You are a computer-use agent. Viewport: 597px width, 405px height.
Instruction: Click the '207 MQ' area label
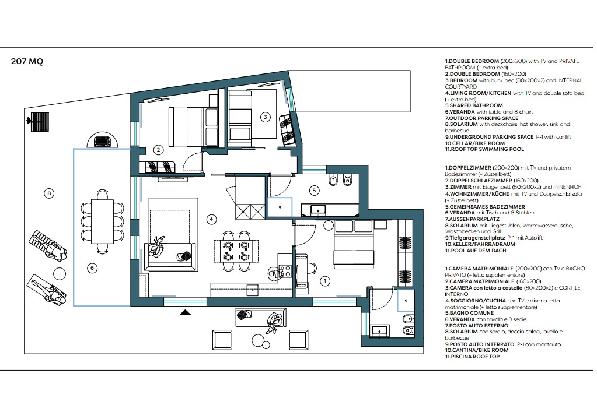27,61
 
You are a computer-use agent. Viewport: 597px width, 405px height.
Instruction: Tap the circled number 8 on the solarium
49,193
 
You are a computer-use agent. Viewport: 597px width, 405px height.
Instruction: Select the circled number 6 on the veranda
92,268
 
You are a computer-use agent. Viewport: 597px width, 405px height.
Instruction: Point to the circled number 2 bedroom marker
158,150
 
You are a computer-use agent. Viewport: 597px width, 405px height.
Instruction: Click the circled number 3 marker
266,117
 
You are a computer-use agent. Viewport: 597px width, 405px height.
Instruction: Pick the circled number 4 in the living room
211,219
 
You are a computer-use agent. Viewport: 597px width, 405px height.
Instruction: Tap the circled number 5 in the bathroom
314,190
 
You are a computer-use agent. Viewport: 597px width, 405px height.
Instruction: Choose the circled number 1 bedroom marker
325,281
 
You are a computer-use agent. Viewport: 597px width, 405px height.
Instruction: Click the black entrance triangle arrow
186,312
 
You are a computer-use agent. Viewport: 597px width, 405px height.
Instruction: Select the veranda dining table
102,221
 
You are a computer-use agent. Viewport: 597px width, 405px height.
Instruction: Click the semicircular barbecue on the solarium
103,140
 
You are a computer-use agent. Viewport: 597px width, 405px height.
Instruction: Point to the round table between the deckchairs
60,273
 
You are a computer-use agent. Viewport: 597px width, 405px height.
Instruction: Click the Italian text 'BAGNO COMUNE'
472,313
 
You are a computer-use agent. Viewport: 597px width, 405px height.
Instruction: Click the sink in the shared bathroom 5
318,209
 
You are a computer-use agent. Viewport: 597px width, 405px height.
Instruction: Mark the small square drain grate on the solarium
40,122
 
